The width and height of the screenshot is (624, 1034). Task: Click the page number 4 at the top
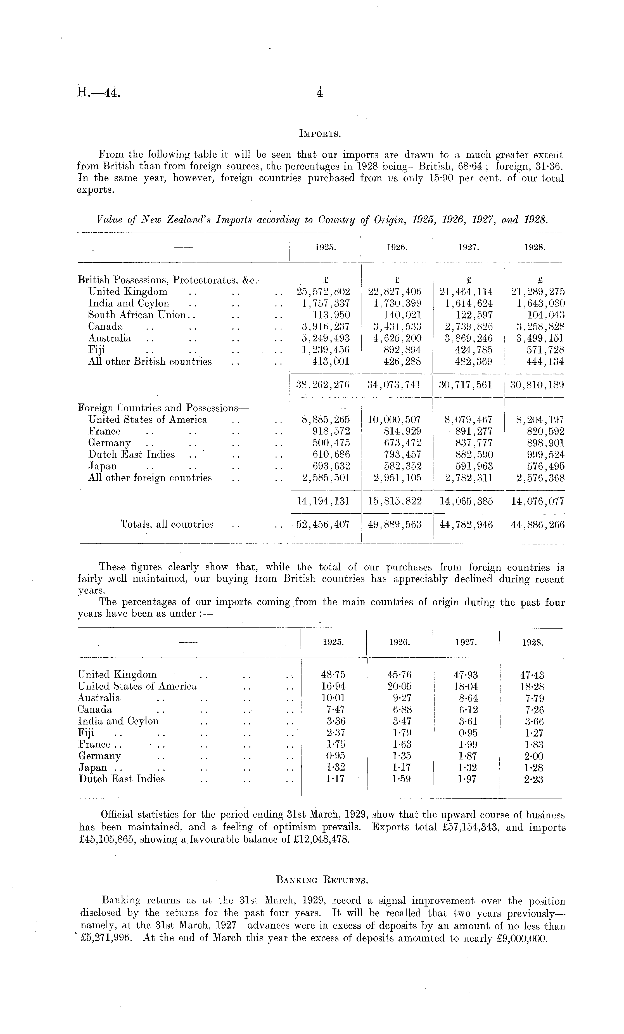click(x=320, y=93)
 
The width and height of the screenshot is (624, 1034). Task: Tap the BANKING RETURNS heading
click(x=321, y=880)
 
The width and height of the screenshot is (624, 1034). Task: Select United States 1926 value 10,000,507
click(x=394, y=420)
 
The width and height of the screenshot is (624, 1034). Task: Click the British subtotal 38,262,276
click(x=323, y=385)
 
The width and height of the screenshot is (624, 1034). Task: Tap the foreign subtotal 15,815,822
click(x=394, y=501)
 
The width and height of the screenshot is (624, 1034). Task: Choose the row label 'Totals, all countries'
click(x=167, y=525)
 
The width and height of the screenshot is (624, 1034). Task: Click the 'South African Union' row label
click(x=137, y=315)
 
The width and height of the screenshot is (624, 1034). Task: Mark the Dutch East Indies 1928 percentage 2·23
click(x=532, y=779)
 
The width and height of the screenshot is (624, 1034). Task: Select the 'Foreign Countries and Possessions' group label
click(x=163, y=408)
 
